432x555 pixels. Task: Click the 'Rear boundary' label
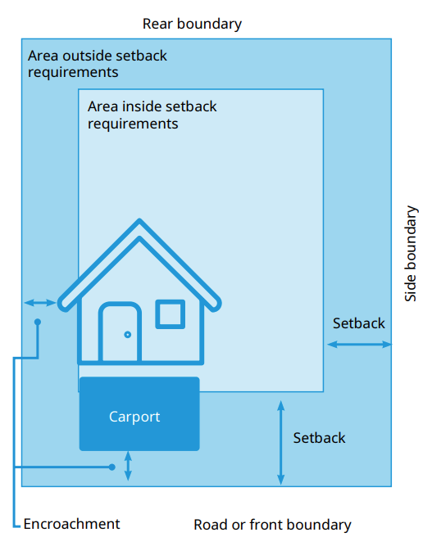tap(192, 24)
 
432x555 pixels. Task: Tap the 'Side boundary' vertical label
tap(411, 254)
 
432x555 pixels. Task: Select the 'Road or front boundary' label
tap(272, 525)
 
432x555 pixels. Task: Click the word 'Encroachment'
tap(71, 524)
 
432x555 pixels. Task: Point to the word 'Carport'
tap(134, 417)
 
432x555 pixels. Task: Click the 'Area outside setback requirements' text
tap(98, 64)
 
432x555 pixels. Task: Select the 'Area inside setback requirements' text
tap(152, 115)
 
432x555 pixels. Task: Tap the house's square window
tap(171, 314)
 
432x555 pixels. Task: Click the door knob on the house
tap(128, 335)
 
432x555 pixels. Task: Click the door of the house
tap(121, 332)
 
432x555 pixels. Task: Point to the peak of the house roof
tap(139, 220)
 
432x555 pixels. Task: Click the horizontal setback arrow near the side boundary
tap(359, 344)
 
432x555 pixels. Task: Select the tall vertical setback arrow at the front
tap(280, 442)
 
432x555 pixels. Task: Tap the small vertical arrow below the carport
tap(129, 466)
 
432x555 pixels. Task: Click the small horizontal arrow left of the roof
tap(40, 303)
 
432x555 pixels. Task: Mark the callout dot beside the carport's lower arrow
tap(112, 467)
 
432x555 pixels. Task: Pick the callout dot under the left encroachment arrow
tap(38, 322)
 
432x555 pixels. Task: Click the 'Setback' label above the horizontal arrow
tap(359, 323)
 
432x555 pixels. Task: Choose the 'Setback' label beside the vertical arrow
tap(319, 438)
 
